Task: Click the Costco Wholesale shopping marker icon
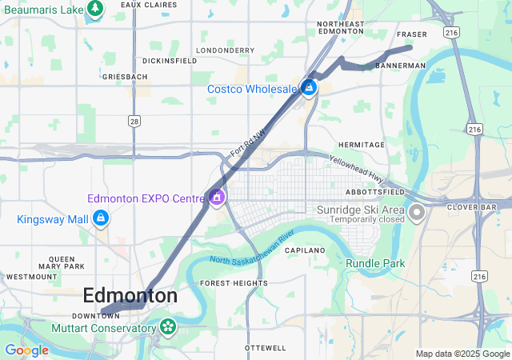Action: click(x=309, y=88)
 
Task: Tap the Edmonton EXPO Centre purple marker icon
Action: click(x=216, y=198)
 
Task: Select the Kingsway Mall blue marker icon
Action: click(x=101, y=218)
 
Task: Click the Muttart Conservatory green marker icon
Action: click(x=167, y=327)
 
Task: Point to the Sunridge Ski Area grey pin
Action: click(x=416, y=213)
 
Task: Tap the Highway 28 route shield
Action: click(x=135, y=120)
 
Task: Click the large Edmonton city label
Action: click(x=130, y=295)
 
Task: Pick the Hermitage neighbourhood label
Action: click(x=361, y=145)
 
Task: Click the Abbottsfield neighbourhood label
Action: click(x=374, y=193)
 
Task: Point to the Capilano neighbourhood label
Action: click(x=303, y=250)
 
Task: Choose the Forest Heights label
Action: click(x=222, y=283)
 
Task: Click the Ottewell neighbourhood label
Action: click(x=266, y=348)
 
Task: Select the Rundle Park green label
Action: click(x=375, y=263)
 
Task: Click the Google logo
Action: click(x=26, y=350)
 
